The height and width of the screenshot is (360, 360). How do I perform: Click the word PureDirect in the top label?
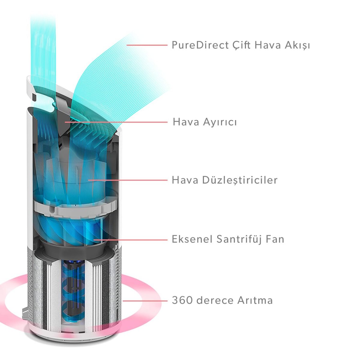click(200, 45)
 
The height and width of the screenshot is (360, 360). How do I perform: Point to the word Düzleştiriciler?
click(240, 180)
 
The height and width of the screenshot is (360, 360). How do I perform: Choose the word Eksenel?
click(192, 239)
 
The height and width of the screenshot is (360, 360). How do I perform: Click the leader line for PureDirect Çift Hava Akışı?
click(147, 45)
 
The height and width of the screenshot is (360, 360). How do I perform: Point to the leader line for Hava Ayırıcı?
click(116, 122)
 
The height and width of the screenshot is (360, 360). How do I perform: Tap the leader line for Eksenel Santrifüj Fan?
click(130, 239)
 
